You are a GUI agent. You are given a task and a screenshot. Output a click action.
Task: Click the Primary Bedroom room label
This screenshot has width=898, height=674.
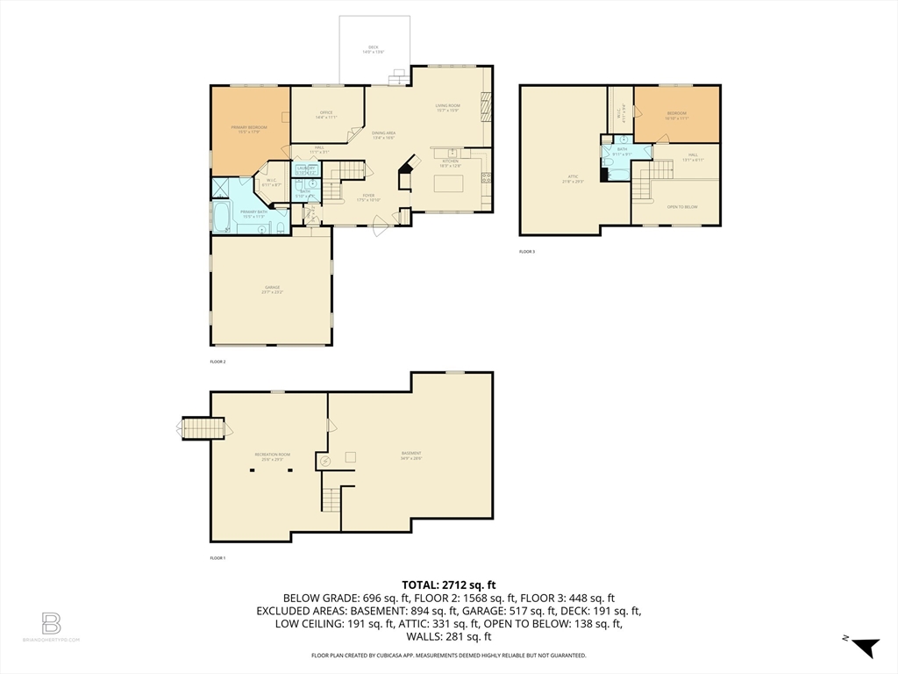tap(249, 129)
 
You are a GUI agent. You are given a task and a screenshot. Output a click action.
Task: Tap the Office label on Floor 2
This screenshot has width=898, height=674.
tap(326, 114)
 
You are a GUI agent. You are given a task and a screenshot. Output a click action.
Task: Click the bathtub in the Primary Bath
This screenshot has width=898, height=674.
tap(221, 217)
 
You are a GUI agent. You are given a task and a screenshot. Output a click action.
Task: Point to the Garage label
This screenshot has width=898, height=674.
tap(272, 289)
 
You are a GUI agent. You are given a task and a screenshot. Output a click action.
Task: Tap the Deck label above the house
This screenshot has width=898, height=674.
tap(374, 49)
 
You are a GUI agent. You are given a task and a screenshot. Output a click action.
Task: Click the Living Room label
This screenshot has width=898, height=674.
tap(448, 107)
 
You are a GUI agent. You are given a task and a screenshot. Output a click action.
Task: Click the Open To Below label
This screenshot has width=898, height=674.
tap(682, 206)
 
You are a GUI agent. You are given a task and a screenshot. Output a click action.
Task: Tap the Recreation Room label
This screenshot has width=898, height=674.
tap(273, 455)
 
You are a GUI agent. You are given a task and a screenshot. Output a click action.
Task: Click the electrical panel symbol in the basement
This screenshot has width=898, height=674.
tap(326, 460)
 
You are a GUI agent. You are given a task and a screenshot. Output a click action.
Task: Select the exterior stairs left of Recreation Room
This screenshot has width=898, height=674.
tap(196, 429)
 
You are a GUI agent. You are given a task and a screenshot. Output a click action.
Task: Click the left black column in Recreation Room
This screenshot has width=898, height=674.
tap(253, 470)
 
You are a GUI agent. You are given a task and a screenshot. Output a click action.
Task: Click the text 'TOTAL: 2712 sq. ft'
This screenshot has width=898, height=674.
tap(448, 584)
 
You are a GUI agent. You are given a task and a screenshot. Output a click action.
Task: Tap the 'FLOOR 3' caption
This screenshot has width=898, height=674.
tap(527, 252)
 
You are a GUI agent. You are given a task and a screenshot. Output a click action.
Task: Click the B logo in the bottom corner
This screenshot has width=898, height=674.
tap(51, 624)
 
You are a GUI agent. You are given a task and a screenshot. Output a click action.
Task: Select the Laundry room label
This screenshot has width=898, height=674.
tap(306, 168)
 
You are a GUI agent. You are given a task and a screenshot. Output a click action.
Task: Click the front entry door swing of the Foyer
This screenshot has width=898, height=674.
tap(381, 229)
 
